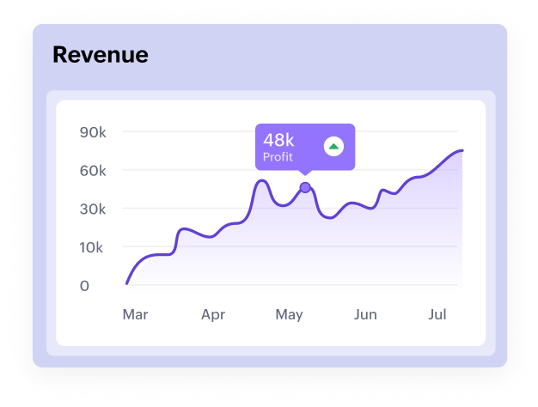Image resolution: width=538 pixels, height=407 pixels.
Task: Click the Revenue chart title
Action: pos(100,55)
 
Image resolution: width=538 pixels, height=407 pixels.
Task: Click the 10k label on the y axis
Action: pos(91,248)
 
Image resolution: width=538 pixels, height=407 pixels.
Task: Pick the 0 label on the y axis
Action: pos(84,286)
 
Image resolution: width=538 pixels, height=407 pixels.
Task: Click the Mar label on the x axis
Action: pos(135,315)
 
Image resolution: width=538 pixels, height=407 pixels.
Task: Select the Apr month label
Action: pos(213,315)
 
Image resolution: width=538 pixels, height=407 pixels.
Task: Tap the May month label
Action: pos(290,315)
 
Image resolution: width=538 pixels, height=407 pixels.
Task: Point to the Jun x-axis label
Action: pos(365,315)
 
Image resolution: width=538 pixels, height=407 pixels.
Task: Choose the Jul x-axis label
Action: pos(437,315)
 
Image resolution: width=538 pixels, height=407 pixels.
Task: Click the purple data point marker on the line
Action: pos(305,187)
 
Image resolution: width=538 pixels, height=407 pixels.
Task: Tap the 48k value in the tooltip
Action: pos(278,140)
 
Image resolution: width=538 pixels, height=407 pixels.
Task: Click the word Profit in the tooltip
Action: pos(278,157)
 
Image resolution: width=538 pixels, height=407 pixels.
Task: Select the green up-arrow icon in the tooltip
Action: pos(333,147)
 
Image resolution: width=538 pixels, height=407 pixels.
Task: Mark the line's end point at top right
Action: pos(462,150)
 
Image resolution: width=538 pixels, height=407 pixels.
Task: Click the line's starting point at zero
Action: pos(127,282)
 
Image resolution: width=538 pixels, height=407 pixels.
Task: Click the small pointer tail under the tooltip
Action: pos(305,173)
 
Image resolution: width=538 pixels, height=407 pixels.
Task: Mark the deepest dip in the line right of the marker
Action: pos(328,217)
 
